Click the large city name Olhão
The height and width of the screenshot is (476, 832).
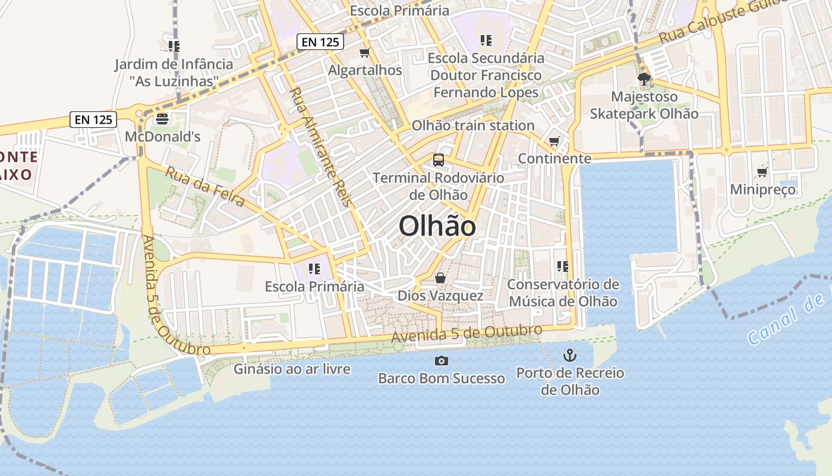coord(437,227)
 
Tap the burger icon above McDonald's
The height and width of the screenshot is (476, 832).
coord(162,119)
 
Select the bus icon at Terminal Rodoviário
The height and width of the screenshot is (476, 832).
coord(439,159)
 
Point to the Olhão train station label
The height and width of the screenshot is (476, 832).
coord(473,126)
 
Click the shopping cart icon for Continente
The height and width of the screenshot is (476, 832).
coord(554,142)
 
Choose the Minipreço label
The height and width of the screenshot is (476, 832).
coord(762,190)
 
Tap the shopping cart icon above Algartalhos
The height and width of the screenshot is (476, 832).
coord(365,53)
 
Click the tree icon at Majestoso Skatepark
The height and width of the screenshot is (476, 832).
coord(644,79)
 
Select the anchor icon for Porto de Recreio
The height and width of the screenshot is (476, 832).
coord(570,355)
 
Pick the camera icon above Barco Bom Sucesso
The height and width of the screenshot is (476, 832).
coord(441,361)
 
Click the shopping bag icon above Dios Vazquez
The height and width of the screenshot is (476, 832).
coord(440,278)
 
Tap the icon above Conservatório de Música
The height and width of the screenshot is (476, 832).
coord(563,267)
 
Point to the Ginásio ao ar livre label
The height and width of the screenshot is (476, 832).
coord(292,369)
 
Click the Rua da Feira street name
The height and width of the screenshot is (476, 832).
coord(204,186)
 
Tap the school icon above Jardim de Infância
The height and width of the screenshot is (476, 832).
coord(174,46)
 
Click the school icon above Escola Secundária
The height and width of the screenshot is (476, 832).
coord(486,40)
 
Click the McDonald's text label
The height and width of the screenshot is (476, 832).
coord(162,137)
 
